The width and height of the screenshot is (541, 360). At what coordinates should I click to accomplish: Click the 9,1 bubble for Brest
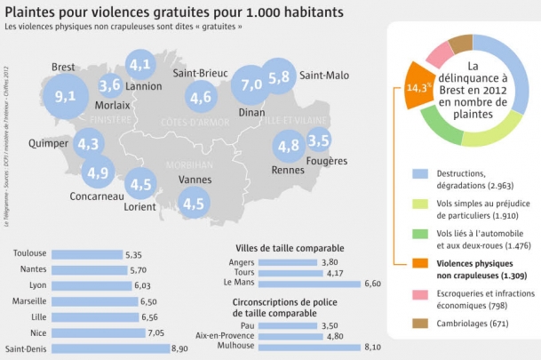[x=64, y=96]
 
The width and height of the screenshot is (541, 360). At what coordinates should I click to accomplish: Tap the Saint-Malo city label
[x=322, y=76]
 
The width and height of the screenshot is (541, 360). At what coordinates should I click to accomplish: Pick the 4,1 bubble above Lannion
[x=139, y=65]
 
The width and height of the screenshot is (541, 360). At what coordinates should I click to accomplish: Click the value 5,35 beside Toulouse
[x=134, y=254]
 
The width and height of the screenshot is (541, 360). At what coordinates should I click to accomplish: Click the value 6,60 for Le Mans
[x=375, y=284]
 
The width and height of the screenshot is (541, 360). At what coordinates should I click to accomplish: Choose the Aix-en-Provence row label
[x=256, y=337]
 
